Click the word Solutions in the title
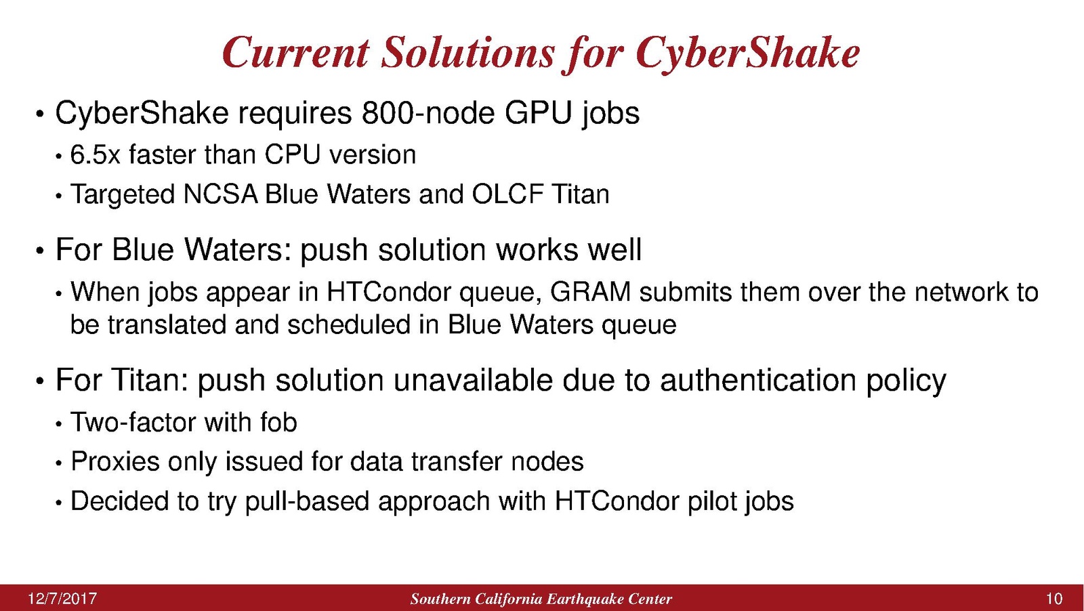pyautogui.click(x=467, y=52)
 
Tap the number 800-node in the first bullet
pyautogui.click(x=428, y=113)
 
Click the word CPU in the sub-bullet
pyautogui.click(x=293, y=155)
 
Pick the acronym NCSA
pyautogui.click(x=221, y=194)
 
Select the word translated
pyautogui.click(x=167, y=324)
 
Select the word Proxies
pyautogui.click(x=115, y=462)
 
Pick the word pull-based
pyautogui.click(x=308, y=501)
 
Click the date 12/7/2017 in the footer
pyautogui.click(x=62, y=599)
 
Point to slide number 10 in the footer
pyautogui.click(x=1054, y=599)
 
